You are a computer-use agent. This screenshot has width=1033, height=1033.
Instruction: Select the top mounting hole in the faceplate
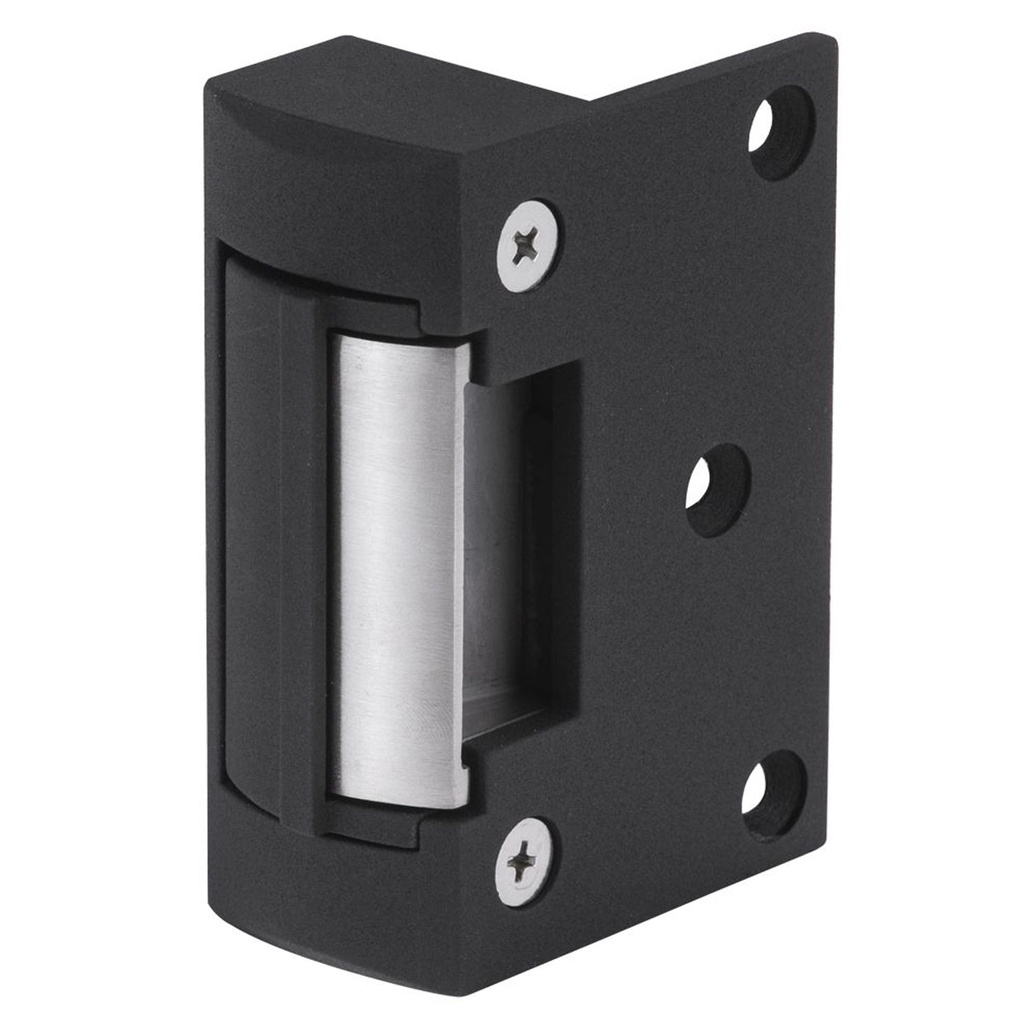(782, 131)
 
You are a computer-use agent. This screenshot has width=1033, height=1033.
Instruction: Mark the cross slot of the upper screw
(529, 245)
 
